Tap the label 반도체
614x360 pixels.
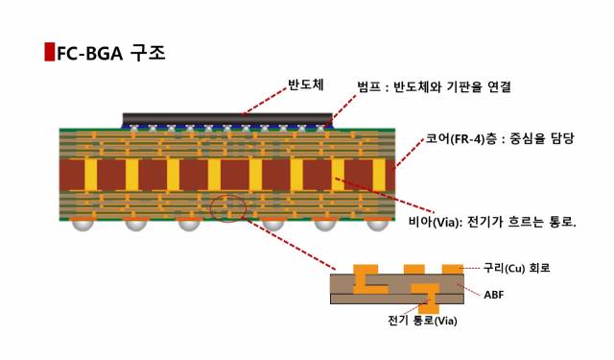click(x=306, y=84)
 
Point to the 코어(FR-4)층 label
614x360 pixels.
click(x=499, y=139)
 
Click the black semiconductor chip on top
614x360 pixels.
click(x=227, y=120)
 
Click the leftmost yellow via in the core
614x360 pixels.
click(x=91, y=174)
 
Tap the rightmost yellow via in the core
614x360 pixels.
click(x=378, y=174)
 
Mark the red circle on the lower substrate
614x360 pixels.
click(x=228, y=206)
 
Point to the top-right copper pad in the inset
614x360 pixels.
click(x=450, y=268)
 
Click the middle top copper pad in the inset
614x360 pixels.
click(x=413, y=268)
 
